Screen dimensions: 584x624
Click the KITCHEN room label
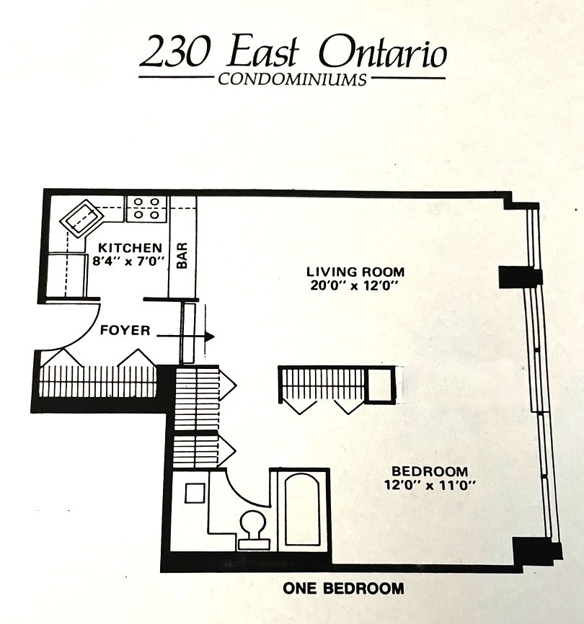click(x=130, y=248)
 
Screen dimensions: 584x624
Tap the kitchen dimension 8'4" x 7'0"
click(x=128, y=261)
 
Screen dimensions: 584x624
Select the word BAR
click(x=182, y=256)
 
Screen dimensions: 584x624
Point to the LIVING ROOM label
click(x=355, y=272)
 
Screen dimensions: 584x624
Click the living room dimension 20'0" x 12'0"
click(x=354, y=286)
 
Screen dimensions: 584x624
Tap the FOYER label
click(x=125, y=330)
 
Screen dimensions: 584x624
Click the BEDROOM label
click(x=430, y=471)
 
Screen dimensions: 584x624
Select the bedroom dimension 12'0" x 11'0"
click(x=430, y=485)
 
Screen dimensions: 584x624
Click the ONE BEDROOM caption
click(x=343, y=588)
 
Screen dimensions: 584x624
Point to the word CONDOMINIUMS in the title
click(x=292, y=79)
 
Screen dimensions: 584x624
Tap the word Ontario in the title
click(x=384, y=53)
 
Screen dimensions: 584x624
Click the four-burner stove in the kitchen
click(x=146, y=208)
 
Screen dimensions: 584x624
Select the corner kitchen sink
click(x=81, y=218)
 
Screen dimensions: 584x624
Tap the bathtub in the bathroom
click(x=302, y=510)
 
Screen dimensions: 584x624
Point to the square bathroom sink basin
click(x=195, y=493)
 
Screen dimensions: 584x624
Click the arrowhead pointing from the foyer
click(x=209, y=336)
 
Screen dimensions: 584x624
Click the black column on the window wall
click(x=521, y=277)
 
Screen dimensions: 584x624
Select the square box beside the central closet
click(x=379, y=385)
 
